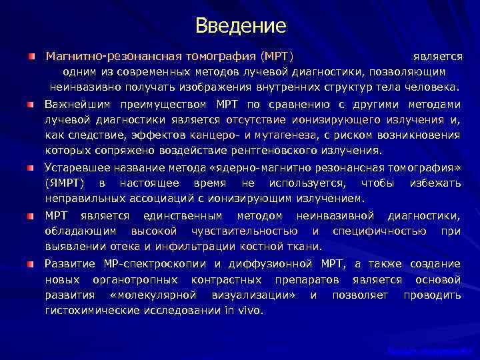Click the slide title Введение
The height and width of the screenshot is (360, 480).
[x=241, y=26]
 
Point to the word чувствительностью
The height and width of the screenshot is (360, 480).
[x=244, y=231]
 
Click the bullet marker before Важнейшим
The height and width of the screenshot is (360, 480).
[x=31, y=105]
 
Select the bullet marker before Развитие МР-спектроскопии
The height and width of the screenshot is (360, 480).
[x=31, y=264]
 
